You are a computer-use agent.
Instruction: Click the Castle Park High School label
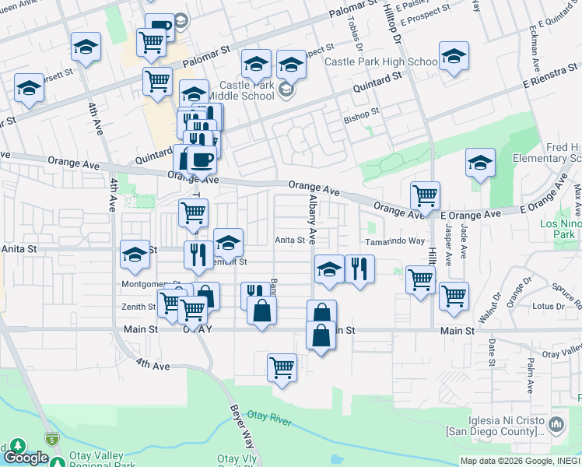coord(380,61)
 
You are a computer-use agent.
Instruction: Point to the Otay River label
coord(269,420)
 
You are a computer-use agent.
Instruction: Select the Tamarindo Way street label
coord(395,241)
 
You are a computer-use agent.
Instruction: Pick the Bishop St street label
coord(361,111)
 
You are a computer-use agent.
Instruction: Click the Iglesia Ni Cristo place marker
coord(556,425)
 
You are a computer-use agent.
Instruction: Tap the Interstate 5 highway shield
coord(51,438)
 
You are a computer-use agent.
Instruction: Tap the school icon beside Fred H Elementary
coord(480,163)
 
